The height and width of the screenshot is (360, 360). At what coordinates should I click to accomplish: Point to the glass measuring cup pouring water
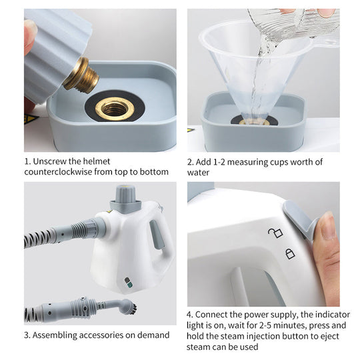coord(293,23)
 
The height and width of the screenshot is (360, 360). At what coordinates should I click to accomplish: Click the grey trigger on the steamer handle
coord(157,235)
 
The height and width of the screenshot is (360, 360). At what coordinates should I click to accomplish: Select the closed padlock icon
coord(289,253)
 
